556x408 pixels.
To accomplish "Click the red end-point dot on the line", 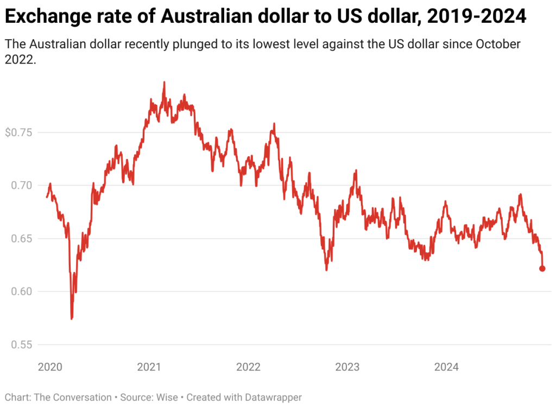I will (542, 269).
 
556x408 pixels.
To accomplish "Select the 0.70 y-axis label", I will (21, 186).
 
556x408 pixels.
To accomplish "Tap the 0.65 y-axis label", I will (21, 239).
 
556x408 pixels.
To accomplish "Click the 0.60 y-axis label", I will (21, 291).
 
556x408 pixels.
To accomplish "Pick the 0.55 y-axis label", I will (21, 345).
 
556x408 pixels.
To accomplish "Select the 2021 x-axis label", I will (148, 367).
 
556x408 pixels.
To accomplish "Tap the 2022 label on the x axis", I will (248, 367).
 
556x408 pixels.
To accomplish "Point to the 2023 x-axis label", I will (347, 367).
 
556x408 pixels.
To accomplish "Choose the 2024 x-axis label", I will (446, 367).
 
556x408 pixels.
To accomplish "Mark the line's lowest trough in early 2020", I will (72, 318).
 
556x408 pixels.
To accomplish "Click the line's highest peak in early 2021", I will (164, 82).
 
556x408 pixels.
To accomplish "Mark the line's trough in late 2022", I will (326, 270).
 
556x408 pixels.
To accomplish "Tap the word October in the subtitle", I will (499, 44).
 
